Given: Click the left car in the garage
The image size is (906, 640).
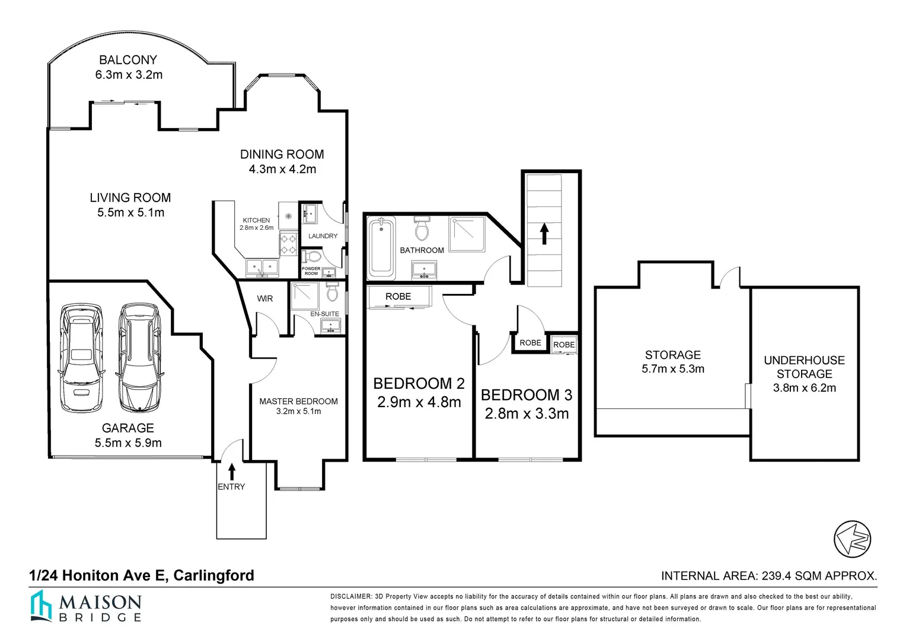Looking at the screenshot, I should (x=81, y=358).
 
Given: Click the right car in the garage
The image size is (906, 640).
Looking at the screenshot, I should (x=140, y=358).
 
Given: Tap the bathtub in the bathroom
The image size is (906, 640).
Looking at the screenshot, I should (x=381, y=248).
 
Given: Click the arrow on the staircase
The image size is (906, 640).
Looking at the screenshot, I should (x=544, y=233).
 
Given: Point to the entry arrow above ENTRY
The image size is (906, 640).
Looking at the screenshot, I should (x=231, y=471).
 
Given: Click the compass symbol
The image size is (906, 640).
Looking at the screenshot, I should (x=852, y=539).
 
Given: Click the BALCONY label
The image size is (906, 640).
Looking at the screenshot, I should (x=128, y=60).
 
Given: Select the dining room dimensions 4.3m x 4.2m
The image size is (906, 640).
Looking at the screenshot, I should (x=282, y=169).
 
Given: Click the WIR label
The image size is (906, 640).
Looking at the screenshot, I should (x=265, y=298).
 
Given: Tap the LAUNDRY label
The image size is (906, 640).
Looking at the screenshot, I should (x=323, y=236).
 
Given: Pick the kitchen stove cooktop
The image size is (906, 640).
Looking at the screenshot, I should (x=288, y=244).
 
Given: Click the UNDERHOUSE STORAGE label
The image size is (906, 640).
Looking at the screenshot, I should (x=804, y=367).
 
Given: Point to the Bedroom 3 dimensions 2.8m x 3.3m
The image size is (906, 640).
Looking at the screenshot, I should (x=527, y=414).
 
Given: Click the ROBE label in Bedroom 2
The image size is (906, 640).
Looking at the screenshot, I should (x=398, y=296).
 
